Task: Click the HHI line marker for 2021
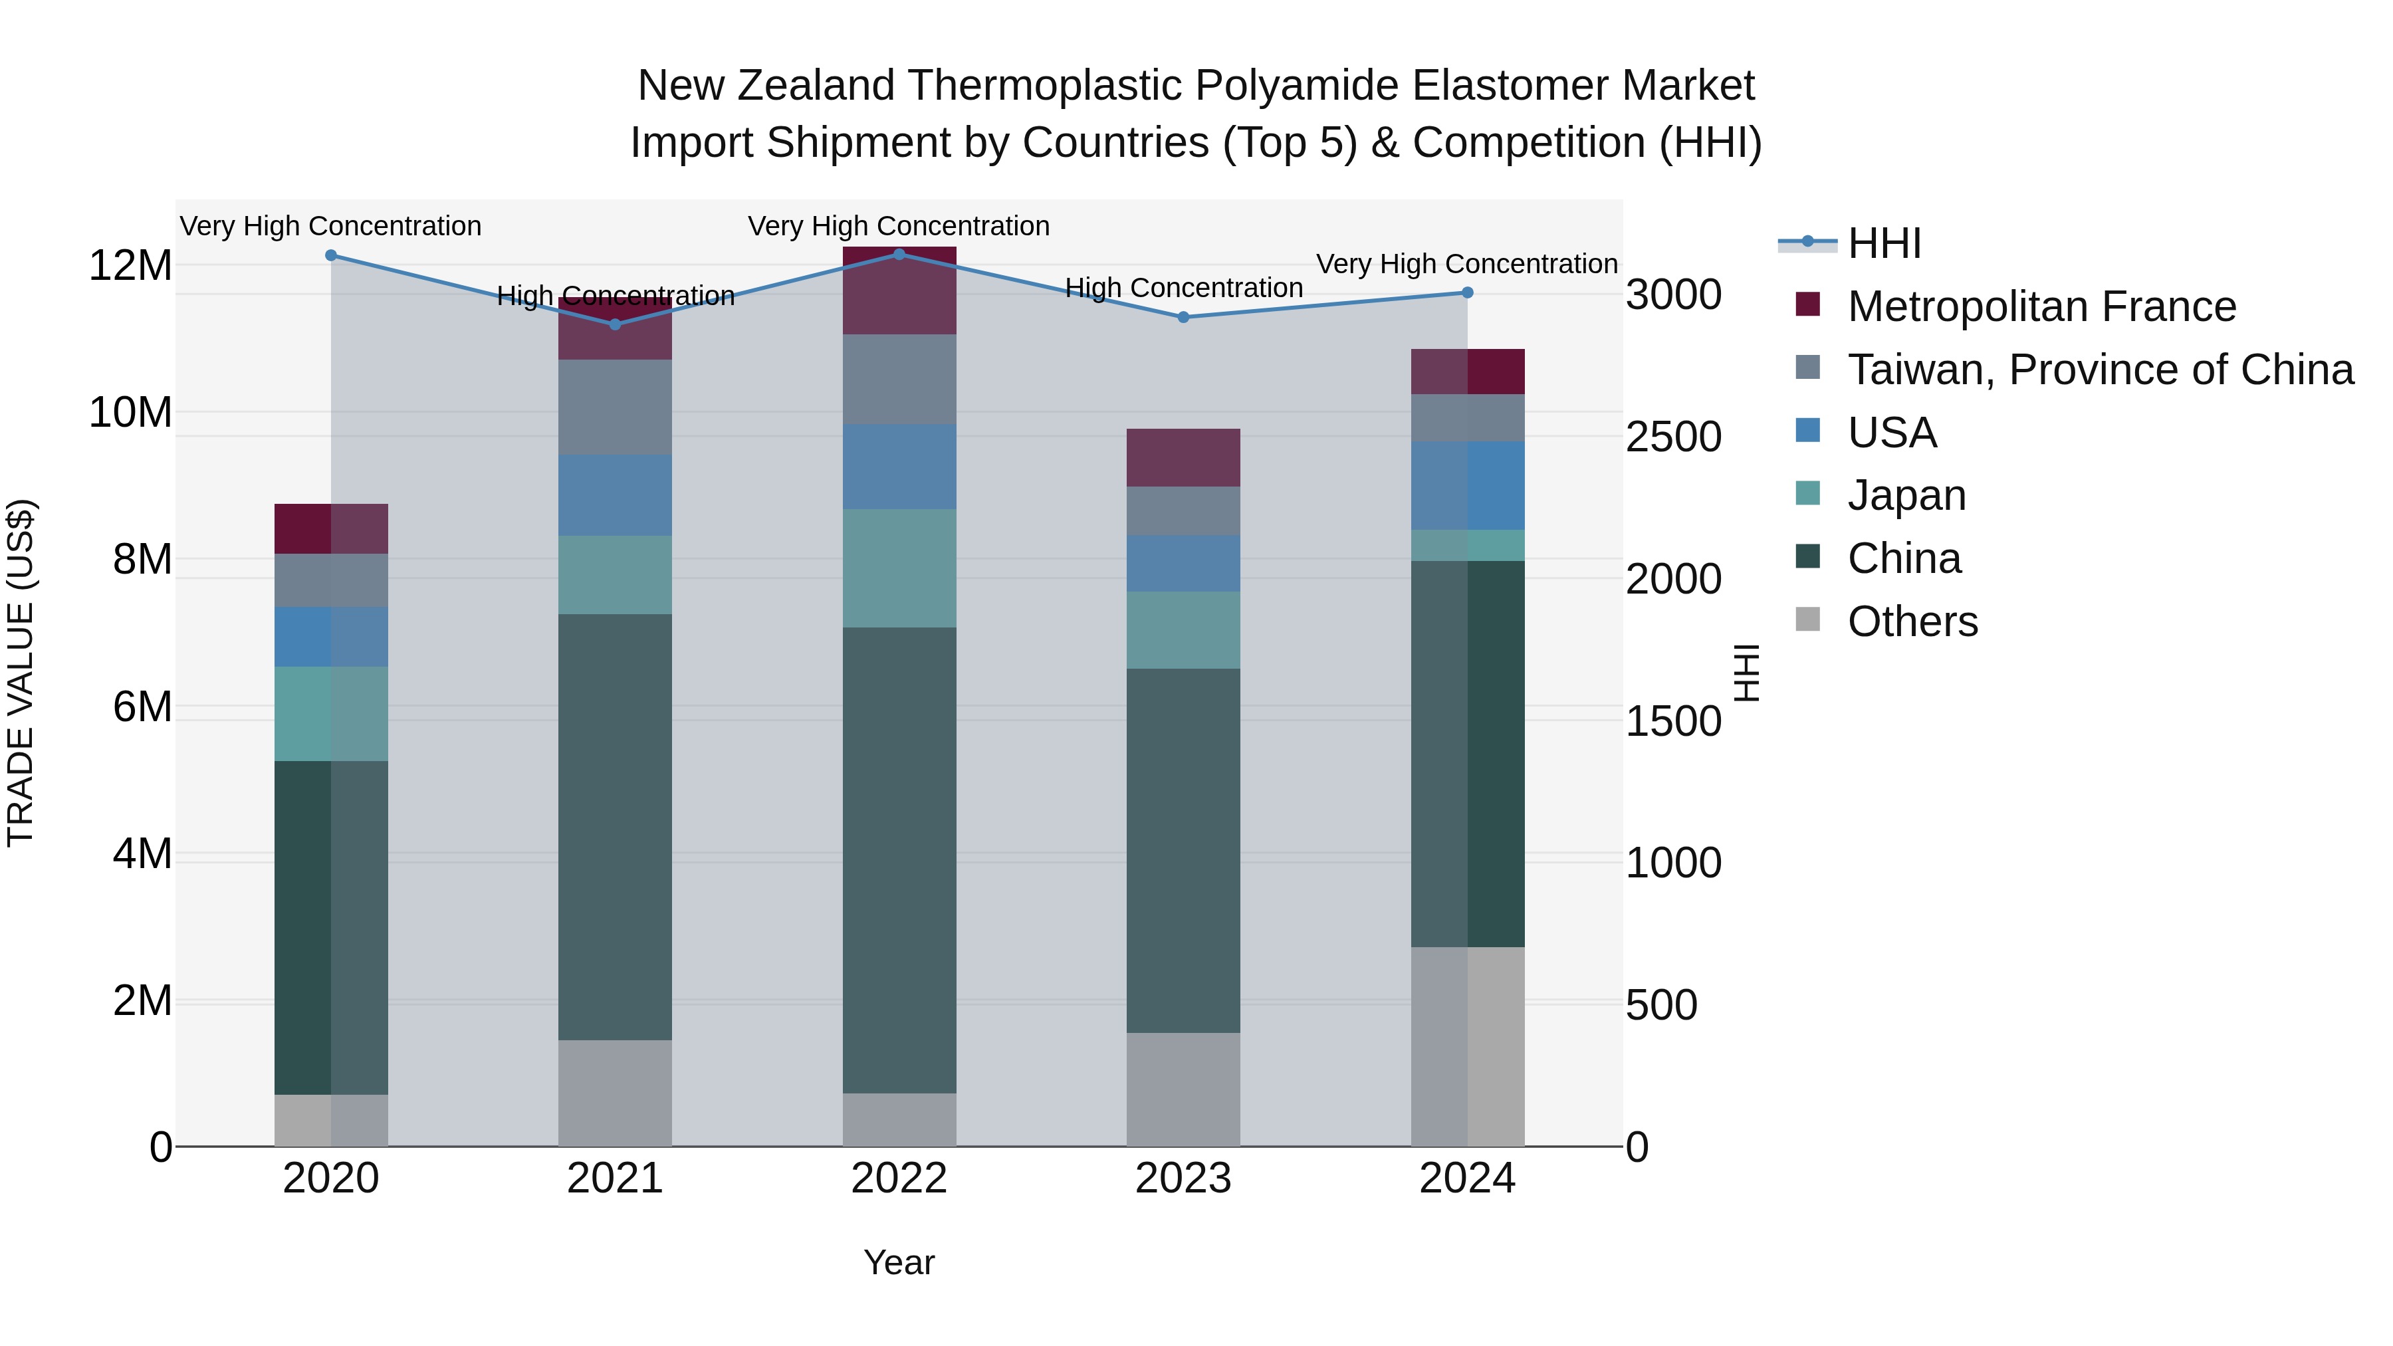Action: click(x=615, y=324)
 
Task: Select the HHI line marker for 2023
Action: click(x=1183, y=318)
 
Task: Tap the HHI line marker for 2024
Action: click(x=1468, y=292)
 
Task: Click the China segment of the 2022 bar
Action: click(x=899, y=859)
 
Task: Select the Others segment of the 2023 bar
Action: click(x=1183, y=1089)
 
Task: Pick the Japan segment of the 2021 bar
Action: click(x=615, y=574)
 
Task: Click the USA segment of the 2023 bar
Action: click(x=1183, y=563)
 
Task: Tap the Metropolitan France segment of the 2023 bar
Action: click(x=1183, y=457)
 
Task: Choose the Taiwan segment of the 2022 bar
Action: click(x=899, y=379)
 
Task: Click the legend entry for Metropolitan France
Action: click(x=2041, y=306)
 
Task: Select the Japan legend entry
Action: click(x=1906, y=495)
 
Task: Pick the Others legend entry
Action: click(x=1912, y=621)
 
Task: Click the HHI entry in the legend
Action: click(x=1884, y=243)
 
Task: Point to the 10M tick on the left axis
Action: click(x=130, y=412)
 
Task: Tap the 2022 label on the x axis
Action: click(x=899, y=1178)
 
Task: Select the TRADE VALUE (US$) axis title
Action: click(x=21, y=673)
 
